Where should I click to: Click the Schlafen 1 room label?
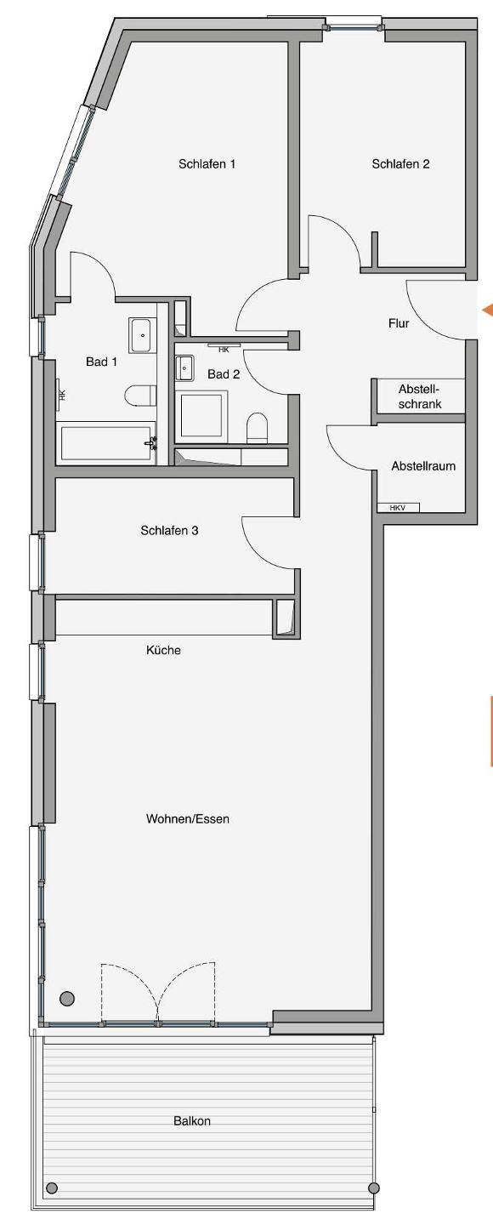[x=207, y=163]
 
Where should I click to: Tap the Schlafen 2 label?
[x=400, y=163]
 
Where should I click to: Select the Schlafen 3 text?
[x=169, y=530]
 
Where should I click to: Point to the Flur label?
[x=399, y=323]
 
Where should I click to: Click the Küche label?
[x=163, y=650]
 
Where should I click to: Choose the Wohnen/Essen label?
[x=188, y=818]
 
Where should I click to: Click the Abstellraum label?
[x=423, y=466]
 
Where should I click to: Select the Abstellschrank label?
[x=420, y=396]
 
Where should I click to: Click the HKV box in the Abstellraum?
[x=398, y=508]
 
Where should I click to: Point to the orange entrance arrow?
[x=487, y=310]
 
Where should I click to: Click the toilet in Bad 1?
[x=141, y=396]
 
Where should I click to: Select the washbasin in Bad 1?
[x=143, y=334]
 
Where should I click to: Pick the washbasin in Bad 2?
[x=184, y=367]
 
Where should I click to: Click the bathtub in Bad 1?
[x=108, y=443]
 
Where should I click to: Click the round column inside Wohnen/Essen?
[x=66, y=998]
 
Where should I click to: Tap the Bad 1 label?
[x=101, y=362]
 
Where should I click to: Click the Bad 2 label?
[x=224, y=374]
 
